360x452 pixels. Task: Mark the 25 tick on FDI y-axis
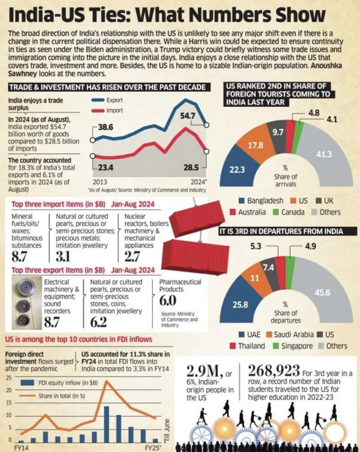click(x=8, y=378)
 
